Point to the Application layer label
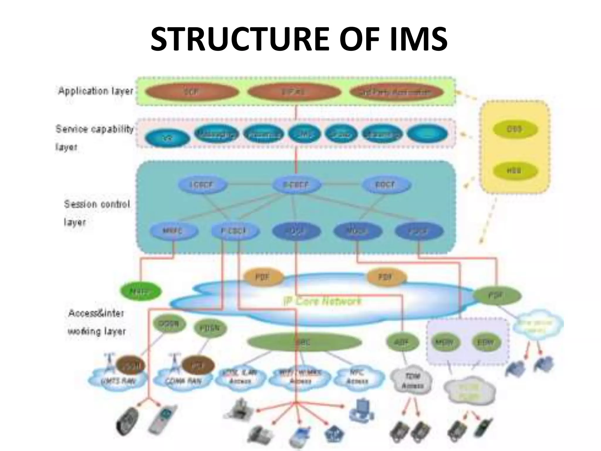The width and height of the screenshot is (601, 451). pyautogui.click(x=96, y=91)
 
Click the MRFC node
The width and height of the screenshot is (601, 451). pyautogui.click(x=173, y=231)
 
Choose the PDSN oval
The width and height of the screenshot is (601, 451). pyautogui.click(x=210, y=328)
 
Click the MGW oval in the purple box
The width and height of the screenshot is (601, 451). pyautogui.click(x=445, y=342)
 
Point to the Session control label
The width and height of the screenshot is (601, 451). pyautogui.click(x=97, y=204)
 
